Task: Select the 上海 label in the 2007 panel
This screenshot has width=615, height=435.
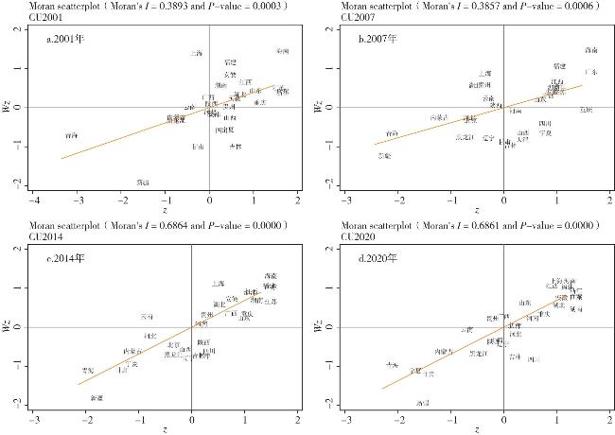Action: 483,73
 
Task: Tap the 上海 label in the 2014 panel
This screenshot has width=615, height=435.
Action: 219,284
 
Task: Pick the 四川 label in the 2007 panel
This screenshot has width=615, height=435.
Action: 545,124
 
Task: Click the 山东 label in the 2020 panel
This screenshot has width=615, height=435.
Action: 524,303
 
